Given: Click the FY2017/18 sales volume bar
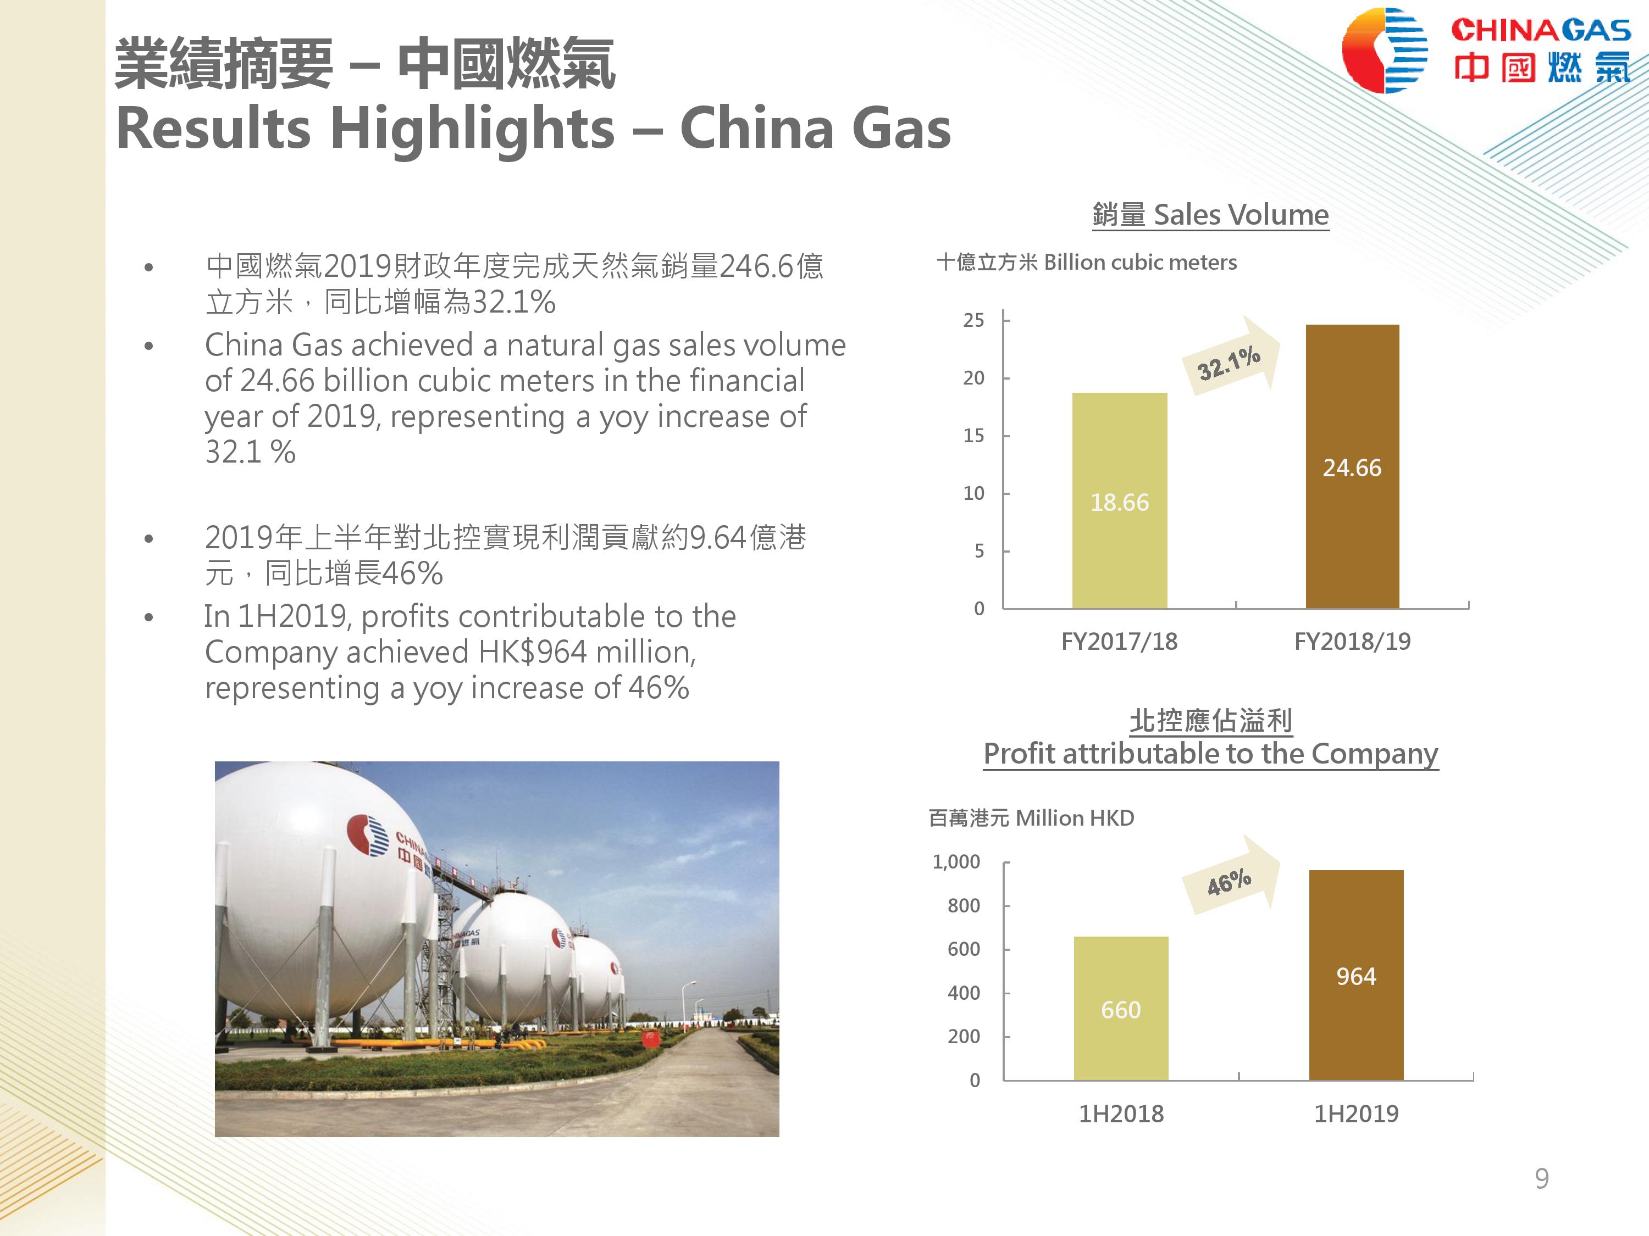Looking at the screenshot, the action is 1119,500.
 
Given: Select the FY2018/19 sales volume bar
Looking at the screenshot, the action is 1352,466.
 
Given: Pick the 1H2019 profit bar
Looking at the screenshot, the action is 1356,975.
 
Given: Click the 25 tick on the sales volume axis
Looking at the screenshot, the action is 973,320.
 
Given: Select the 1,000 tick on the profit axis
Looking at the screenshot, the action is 956,862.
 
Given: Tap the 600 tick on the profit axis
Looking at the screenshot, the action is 964,949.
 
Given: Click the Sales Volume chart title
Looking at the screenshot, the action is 1211,215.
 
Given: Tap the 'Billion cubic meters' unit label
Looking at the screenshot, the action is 1140,262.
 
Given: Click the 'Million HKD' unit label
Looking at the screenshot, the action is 1074,818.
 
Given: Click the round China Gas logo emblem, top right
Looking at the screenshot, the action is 1385,51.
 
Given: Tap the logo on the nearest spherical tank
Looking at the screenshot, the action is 368,835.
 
